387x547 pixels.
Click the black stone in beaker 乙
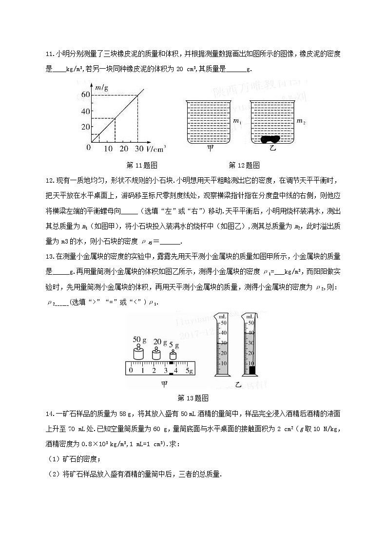tap(271, 139)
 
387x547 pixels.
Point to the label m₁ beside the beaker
tap(237, 121)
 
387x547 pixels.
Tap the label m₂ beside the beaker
tap(301, 121)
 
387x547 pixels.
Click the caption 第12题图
tap(244, 165)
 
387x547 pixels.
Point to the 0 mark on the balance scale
tap(130, 371)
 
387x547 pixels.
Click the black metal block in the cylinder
tap(252, 370)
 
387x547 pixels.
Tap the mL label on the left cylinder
tap(223, 317)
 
